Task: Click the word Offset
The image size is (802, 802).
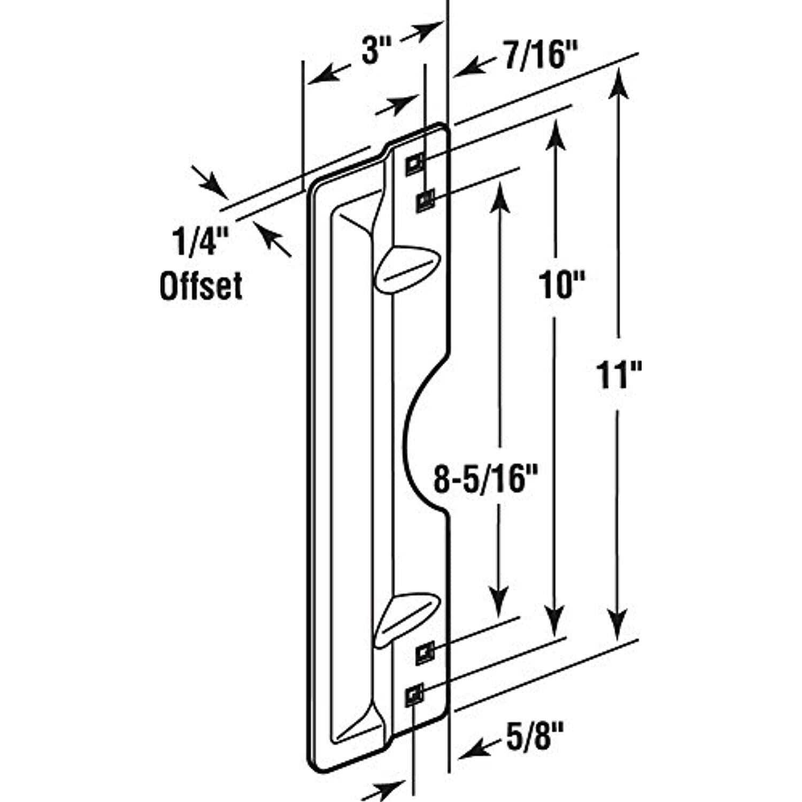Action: [201, 286]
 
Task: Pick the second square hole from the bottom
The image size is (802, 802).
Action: [426, 653]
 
